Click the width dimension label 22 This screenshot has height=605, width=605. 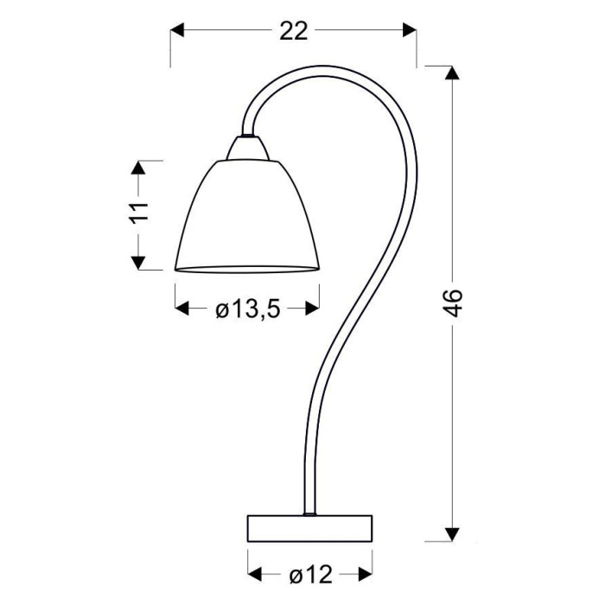(293, 31)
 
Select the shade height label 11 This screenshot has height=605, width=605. (139, 213)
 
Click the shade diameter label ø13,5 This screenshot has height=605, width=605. (247, 309)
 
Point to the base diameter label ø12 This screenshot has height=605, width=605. (310, 576)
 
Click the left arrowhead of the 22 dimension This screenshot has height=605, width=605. (177, 30)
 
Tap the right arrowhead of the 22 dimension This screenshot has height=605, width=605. (410, 30)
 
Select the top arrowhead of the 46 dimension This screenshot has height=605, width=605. (452, 73)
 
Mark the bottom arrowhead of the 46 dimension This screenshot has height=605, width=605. (452, 534)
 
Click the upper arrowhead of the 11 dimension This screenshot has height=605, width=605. (139, 168)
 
